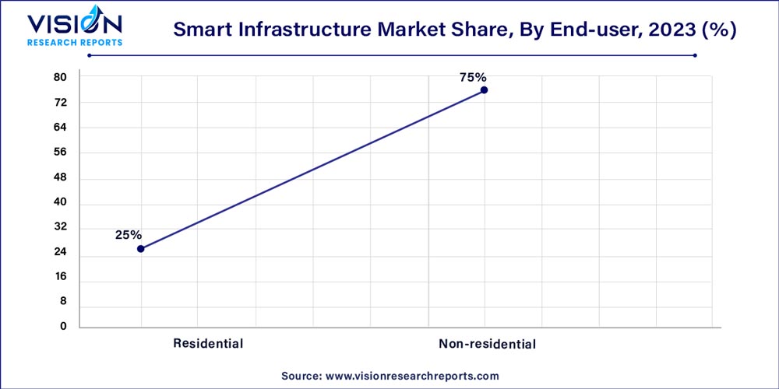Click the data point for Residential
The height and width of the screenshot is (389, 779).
pyautogui.click(x=140, y=249)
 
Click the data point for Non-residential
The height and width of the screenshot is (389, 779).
pyautogui.click(x=484, y=90)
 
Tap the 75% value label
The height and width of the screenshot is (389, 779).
pyautogui.click(x=473, y=77)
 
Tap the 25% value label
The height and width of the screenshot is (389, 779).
pyautogui.click(x=129, y=234)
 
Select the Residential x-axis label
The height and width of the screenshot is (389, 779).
pyautogui.click(x=208, y=343)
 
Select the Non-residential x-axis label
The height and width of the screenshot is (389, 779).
pyautogui.click(x=487, y=343)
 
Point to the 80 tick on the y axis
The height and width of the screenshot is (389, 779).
pyautogui.click(x=61, y=77)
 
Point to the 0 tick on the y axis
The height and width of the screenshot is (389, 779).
pyautogui.click(x=64, y=327)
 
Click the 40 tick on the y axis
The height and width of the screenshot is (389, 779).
pyautogui.click(x=61, y=202)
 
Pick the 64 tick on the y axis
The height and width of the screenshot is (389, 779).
pyautogui.click(x=61, y=128)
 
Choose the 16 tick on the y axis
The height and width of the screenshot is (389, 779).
pyautogui.click(x=61, y=277)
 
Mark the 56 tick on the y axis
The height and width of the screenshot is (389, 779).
pyautogui.click(x=61, y=152)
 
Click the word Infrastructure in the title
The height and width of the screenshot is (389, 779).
pyautogui.click(x=291, y=30)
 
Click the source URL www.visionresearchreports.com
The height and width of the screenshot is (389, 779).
pyautogui.click(x=411, y=376)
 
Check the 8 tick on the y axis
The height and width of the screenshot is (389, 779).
pyautogui.click(x=64, y=302)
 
